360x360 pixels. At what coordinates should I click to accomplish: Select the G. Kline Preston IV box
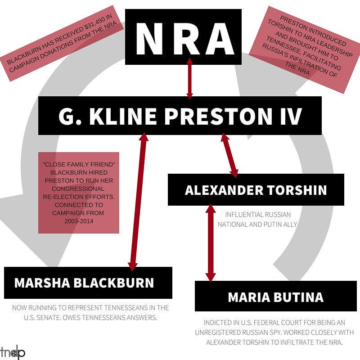pyautogui.click(x=180, y=116)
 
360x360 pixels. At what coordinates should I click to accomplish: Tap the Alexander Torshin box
pyautogui.click(x=256, y=189)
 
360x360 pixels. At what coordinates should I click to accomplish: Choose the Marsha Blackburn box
pyautogui.click(x=88, y=283)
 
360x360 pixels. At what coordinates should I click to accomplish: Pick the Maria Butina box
pyautogui.click(x=275, y=297)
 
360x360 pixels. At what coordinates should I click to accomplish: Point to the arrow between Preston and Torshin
pyautogui.click(x=229, y=155)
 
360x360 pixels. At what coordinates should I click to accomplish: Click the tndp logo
pyautogui.click(x=13, y=352)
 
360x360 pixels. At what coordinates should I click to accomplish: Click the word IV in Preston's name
pyautogui.click(x=288, y=116)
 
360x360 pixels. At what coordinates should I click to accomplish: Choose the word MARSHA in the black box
pyautogui.click(x=39, y=283)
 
